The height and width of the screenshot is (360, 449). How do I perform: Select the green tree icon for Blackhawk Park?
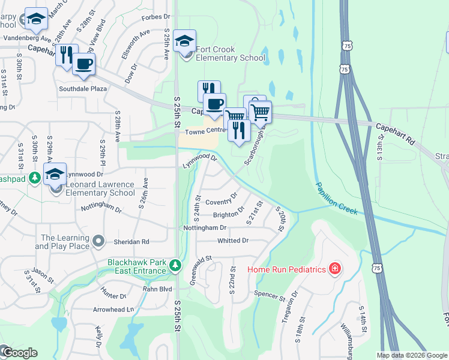coord(175,265)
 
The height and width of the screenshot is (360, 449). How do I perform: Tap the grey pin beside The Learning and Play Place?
coord(100,241)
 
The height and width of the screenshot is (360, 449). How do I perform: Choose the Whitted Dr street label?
coord(233,241)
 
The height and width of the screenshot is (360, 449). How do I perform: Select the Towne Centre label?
coord(204,131)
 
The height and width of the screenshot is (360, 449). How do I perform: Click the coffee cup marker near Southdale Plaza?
coord(84,64)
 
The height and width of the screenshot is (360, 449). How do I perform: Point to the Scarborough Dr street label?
coord(255,148)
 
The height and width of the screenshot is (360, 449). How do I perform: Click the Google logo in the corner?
coord(19,353)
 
